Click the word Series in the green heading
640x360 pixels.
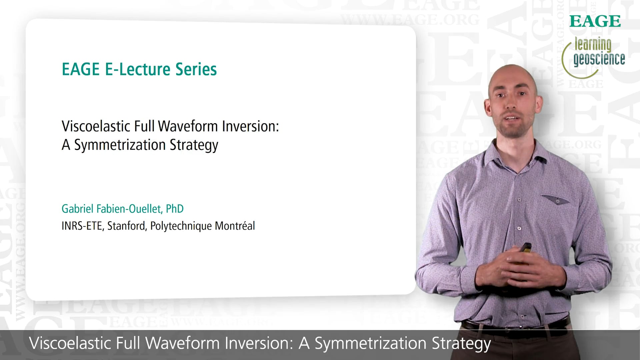[196, 69]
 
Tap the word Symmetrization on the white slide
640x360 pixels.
[120, 145]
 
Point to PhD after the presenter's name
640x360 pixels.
[175, 209]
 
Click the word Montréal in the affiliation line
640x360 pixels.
[235, 226]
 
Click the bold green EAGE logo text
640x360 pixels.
[595, 21]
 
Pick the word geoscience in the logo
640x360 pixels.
[599, 59]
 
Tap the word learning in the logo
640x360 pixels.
[593, 44]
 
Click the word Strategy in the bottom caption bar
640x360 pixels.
[461, 344]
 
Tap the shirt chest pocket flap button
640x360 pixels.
[557, 201]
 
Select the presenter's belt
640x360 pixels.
[515, 325]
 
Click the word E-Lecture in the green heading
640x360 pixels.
[138, 69]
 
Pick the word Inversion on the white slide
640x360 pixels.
[250, 126]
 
